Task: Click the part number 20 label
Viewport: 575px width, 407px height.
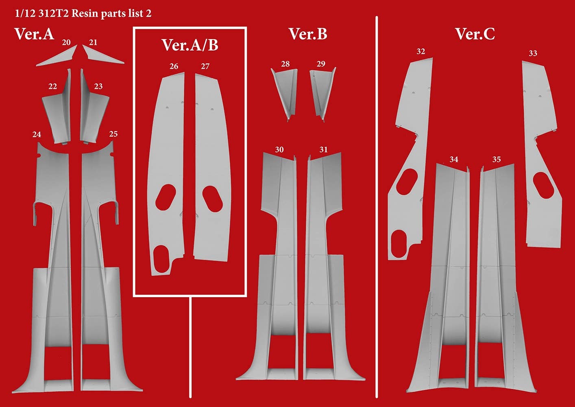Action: (x=66, y=42)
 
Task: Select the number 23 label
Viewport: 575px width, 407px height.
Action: (x=98, y=86)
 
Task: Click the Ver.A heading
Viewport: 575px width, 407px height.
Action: (x=35, y=34)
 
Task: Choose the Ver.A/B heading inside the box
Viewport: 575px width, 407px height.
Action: (x=190, y=45)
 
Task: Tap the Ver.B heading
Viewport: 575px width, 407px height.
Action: (x=308, y=34)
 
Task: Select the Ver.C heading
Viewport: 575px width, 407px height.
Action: (x=475, y=34)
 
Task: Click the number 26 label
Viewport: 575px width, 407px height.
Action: (x=174, y=66)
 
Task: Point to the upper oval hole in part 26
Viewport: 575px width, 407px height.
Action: (x=166, y=197)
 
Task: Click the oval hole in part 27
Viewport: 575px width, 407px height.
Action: (x=212, y=199)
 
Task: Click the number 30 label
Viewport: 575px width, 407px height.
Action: (x=279, y=150)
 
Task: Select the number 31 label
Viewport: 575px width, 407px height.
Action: (x=323, y=150)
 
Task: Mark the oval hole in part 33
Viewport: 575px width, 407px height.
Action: (x=544, y=185)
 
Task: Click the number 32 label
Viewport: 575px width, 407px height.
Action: (x=420, y=52)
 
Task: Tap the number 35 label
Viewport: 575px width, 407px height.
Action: (x=497, y=160)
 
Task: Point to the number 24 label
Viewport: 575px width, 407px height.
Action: (x=37, y=134)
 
